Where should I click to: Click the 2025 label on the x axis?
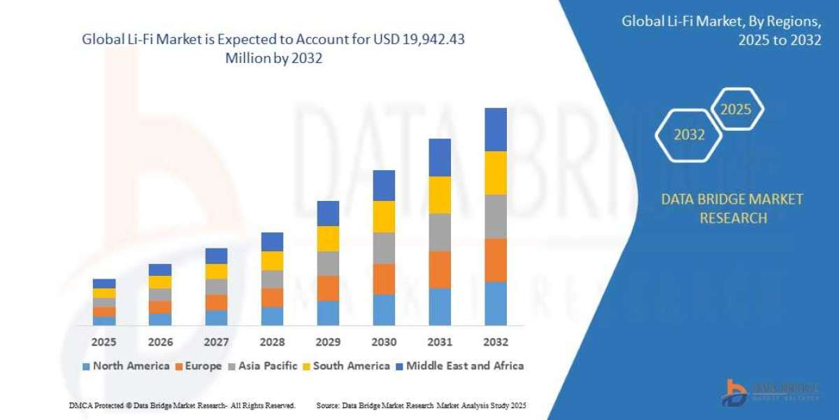click(103, 342)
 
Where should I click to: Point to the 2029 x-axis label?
click(328, 342)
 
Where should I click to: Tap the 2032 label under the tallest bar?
click(495, 342)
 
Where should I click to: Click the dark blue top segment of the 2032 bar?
click(495, 129)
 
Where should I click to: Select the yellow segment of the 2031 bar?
click(440, 195)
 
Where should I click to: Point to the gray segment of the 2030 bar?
click(384, 248)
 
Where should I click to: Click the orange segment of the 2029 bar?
click(328, 288)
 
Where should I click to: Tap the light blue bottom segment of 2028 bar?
click(272, 316)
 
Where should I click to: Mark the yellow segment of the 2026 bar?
click(160, 282)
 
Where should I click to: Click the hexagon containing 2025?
click(736, 110)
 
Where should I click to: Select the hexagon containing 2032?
click(689, 135)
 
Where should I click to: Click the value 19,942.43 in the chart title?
click(431, 40)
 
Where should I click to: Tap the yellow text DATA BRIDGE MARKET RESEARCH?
click(732, 209)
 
